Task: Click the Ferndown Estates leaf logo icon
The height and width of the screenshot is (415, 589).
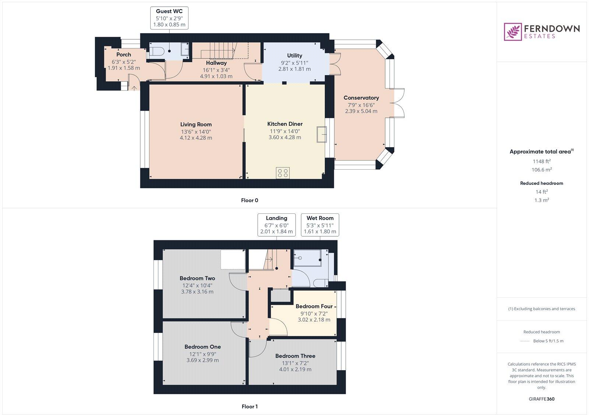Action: click(x=513, y=32)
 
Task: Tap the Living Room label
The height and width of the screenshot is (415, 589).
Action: click(x=196, y=124)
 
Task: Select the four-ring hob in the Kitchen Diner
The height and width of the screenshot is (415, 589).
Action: click(x=283, y=173)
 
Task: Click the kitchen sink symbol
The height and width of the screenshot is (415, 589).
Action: click(x=321, y=134)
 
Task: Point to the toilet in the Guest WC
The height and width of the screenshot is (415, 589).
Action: click(x=156, y=52)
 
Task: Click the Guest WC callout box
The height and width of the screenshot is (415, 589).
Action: click(x=169, y=18)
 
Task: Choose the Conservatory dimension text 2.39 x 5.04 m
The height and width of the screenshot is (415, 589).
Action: click(x=361, y=111)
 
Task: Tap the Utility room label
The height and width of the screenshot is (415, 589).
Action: click(x=294, y=56)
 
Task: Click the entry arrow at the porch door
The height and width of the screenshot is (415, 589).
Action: click(x=134, y=88)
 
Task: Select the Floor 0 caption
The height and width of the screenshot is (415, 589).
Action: click(x=250, y=201)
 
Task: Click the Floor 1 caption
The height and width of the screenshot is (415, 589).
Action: click(x=250, y=407)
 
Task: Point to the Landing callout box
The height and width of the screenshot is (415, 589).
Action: click(x=276, y=225)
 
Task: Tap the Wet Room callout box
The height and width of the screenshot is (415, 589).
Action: click(x=320, y=225)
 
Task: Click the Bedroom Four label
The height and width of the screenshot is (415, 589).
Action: click(x=314, y=306)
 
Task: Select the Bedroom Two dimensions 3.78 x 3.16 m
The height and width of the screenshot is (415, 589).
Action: click(x=197, y=292)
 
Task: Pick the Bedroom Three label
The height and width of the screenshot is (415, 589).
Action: click(x=295, y=356)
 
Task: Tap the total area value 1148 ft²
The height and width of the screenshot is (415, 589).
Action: click(x=542, y=161)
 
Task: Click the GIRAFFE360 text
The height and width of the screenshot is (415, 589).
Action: click(x=542, y=399)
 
